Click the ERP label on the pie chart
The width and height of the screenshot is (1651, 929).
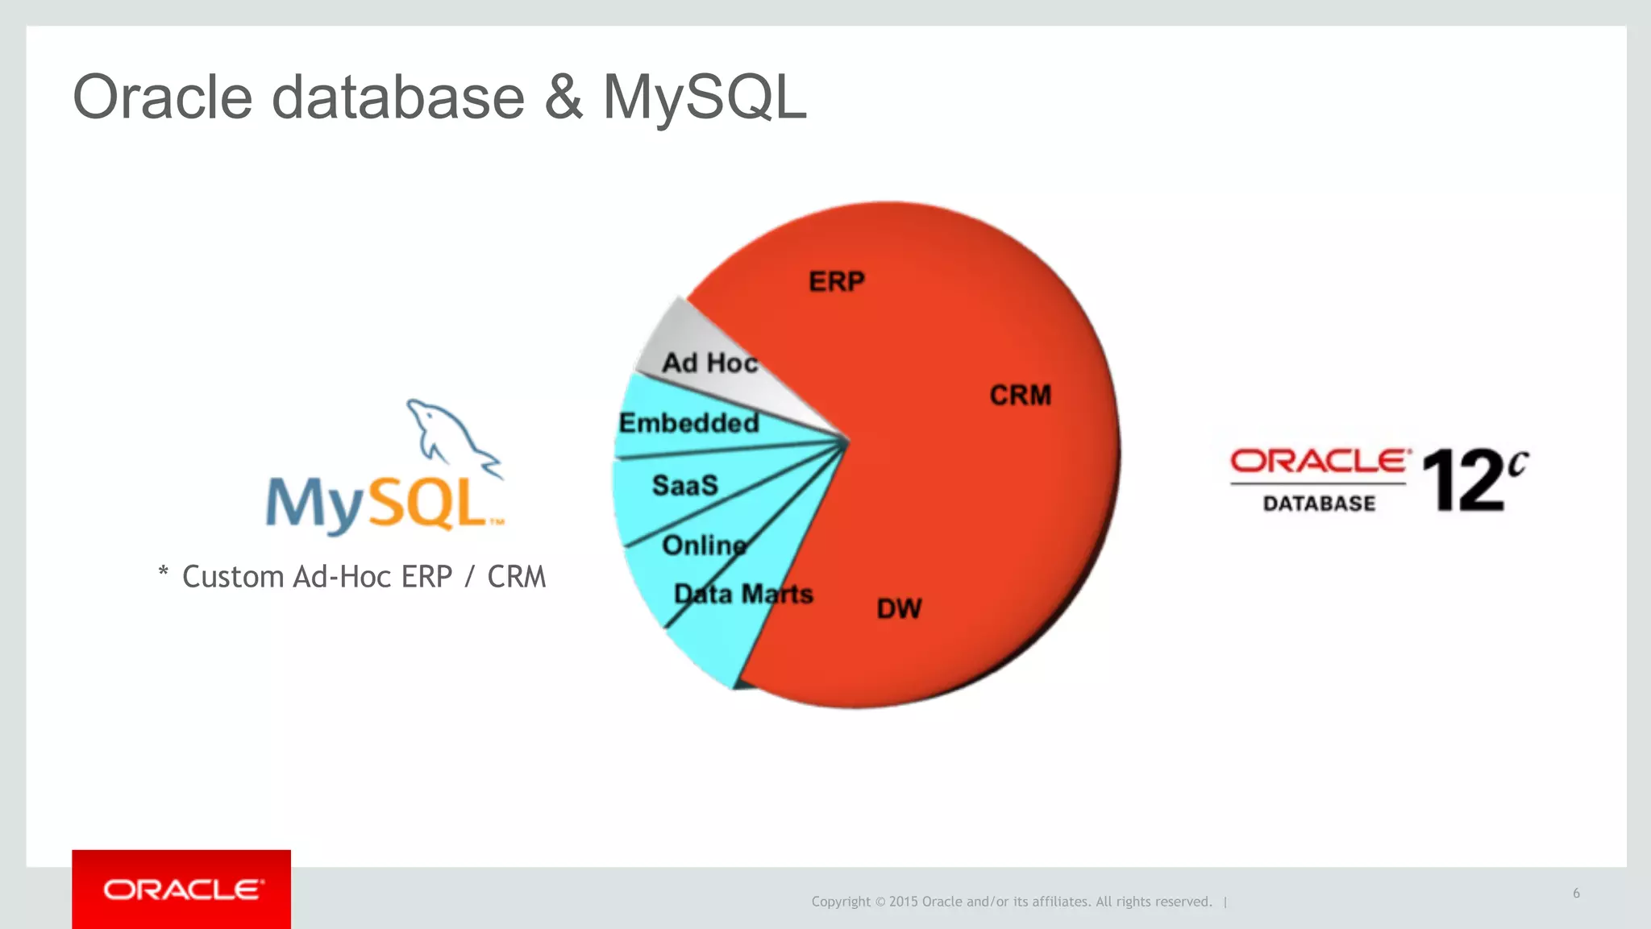[x=837, y=282]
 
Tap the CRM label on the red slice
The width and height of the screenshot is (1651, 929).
[x=1021, y=396]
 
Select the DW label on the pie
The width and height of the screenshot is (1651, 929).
[x=899, y=609]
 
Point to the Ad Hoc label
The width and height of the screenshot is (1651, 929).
[x=709, y=363]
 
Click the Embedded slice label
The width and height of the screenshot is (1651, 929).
[x=688, y=423]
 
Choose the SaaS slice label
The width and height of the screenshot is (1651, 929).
[x=684, y=486]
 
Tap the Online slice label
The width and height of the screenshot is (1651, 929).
[x=704, y=545]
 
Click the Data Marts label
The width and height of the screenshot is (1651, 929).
[x=743, y=595]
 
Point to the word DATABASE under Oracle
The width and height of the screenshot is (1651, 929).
[x=1319, y=504]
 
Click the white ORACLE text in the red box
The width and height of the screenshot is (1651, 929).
[x=182, y=890]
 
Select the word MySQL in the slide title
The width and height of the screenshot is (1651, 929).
[x=704, y=97]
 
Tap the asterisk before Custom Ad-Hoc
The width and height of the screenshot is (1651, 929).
[x=164, y=573]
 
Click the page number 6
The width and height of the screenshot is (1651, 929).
[x=1576, y=893]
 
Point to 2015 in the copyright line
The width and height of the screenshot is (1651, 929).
[x=903, y=902]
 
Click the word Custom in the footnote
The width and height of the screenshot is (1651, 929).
[x=233, y=577]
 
